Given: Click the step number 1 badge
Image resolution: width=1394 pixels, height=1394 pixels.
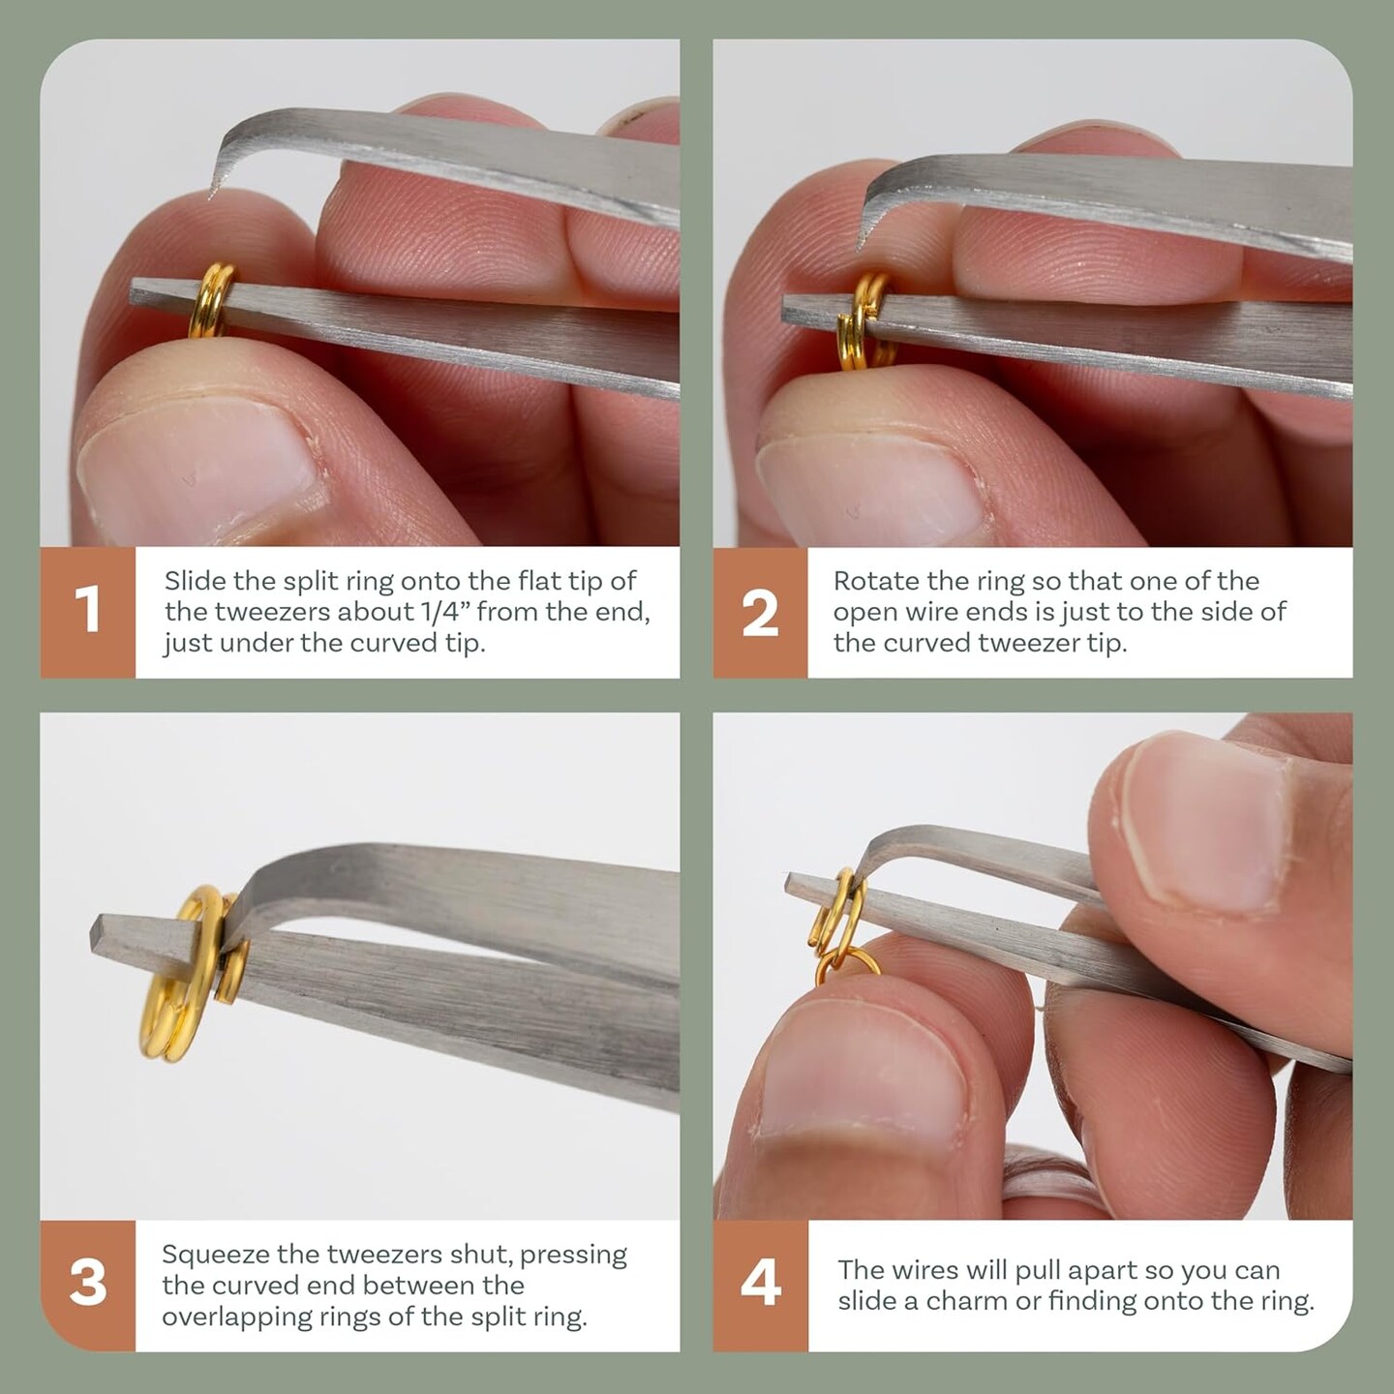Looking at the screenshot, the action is pos(87,612).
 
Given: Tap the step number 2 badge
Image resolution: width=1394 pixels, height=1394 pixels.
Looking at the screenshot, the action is pos(760,612).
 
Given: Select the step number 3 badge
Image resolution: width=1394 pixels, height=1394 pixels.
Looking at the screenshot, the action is pos(87,1286).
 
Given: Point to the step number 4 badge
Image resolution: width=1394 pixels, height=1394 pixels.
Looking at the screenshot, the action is pos(760,1286).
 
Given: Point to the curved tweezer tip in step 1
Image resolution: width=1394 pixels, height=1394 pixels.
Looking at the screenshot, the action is pos(212,192).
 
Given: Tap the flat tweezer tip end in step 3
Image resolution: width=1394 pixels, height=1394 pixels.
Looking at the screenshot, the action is pos(96,934).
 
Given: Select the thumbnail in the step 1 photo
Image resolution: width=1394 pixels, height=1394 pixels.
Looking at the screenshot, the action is pos(196,477).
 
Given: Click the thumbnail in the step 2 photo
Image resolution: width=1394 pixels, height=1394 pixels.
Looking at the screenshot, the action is pos(868,492).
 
